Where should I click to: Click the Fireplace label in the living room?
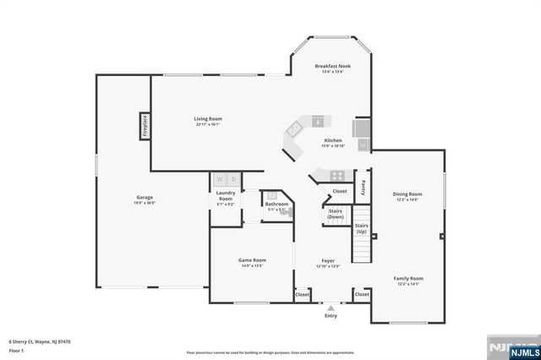point(145,126)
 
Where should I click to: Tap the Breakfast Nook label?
point(332,66)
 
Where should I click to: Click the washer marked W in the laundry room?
point(220,179)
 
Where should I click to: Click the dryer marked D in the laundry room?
point(233,179)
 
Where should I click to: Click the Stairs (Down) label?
point(336,214)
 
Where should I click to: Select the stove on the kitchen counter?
point(336,176)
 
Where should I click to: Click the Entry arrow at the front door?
point(331,308)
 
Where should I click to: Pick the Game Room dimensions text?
point(252,266)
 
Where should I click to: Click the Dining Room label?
point(407,194)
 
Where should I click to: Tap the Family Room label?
point(408,278)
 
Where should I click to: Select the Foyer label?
point(327,260)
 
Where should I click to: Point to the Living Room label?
point(207,119)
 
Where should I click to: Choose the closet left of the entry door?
point(302,295)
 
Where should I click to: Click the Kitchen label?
point(332,140)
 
